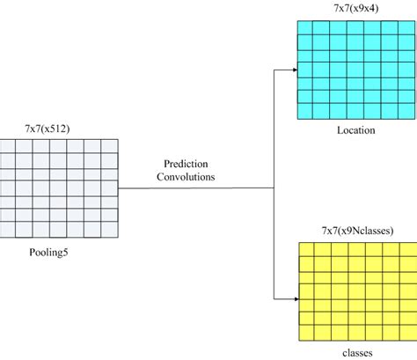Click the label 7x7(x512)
pos(55,129)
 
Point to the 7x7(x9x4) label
pos(355,9)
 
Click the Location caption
pos(355,130)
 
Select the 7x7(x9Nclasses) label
pos(355,231)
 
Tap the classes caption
pos(355,352)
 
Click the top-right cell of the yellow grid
pos(404,249)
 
